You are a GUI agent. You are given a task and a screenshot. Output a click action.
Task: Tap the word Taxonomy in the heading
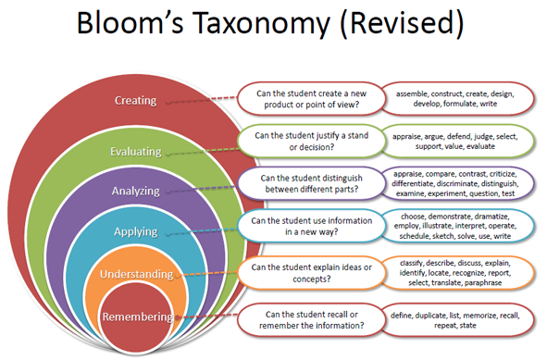pyautogui.click(x=261, y=24)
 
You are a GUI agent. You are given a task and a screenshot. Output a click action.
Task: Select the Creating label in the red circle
pyautogui.click(x=136, y=101)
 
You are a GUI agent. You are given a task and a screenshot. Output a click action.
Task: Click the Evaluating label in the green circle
pyautogui.click(x=136, y=152)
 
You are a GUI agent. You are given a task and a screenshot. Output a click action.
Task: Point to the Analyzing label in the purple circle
pyautogui.click(x=136, y=192)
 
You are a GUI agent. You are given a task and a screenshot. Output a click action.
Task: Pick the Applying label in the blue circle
pyautogui.click(x=136, y=231)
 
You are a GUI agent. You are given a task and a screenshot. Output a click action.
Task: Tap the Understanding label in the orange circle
pyautogui.click(x=136, y=274)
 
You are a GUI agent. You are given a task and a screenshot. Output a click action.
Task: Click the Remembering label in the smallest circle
pyautogui.click(x=138, y=317)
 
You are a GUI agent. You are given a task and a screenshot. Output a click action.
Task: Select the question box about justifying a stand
pyautogui.click(x=311, y=142)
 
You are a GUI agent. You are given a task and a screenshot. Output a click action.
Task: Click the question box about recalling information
pyautogui.click(x=311, y=320)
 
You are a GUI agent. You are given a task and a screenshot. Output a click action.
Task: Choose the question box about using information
pyautogui.click(x=311, y=226)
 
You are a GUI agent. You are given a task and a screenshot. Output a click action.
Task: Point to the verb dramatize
pyautogui.click(x=491, y=217)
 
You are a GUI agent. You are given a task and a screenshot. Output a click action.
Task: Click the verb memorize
pyautogui.click(x=480, y=316)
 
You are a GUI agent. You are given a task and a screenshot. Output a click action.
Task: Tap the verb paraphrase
pyautogui.click(x=483, y=282)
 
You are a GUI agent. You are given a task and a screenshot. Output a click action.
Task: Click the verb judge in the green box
pyautogui.click(x=483, y=137)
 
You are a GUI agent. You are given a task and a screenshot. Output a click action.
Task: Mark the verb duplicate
pyautogui.click(x=430, y=316)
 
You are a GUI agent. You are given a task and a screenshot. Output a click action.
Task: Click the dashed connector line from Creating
pyautogui.click(x=203, y=100)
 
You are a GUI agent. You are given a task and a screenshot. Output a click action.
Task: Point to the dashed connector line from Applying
pyautogui.click(x=203, y=231)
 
